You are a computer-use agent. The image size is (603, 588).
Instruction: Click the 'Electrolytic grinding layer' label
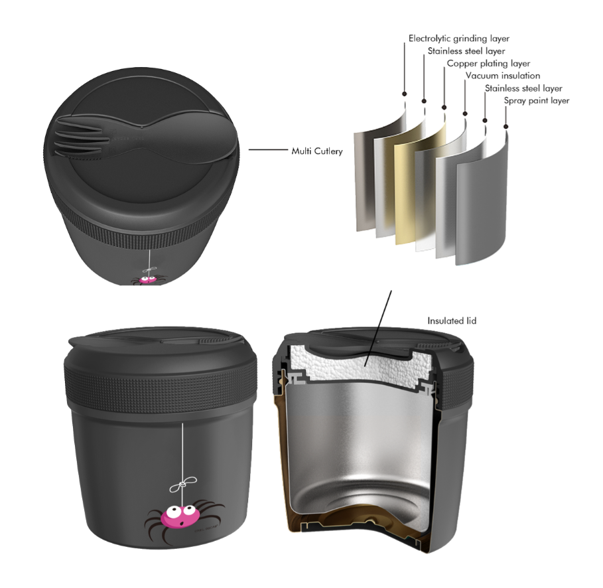[x=459, y=39]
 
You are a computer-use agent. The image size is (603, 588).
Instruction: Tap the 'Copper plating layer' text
[x=488, y=64]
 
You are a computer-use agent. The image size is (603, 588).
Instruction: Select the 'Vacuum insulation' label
[x=503, y=76]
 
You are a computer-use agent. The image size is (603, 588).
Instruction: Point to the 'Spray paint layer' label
[x=537, y=101]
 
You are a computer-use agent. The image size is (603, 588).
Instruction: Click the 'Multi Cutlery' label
[x=317, y=151]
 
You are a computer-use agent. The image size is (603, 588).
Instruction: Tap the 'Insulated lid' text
[x=452, y=321]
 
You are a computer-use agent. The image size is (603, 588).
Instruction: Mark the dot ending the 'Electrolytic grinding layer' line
[x=404, y=94]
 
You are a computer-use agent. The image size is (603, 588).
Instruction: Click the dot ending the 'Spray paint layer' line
[x=506, y=127]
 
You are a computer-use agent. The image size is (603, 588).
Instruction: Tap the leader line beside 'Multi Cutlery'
[x=269, y=150]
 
